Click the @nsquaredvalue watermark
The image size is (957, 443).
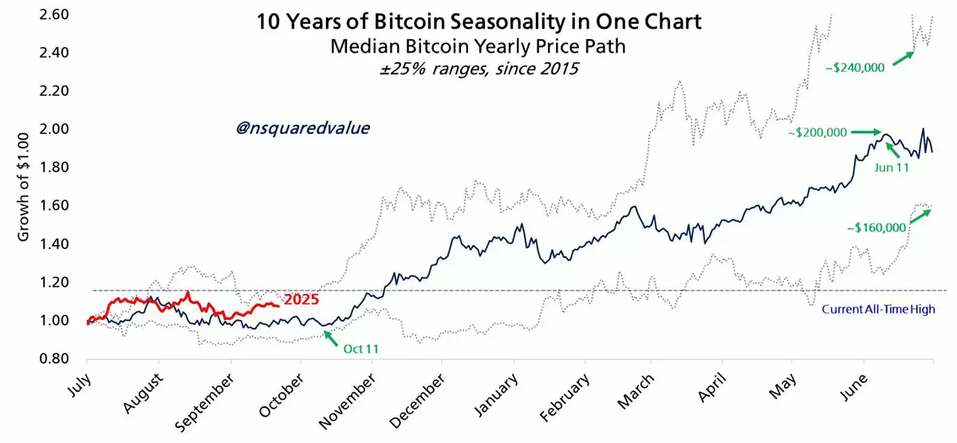tap(303, 128)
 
